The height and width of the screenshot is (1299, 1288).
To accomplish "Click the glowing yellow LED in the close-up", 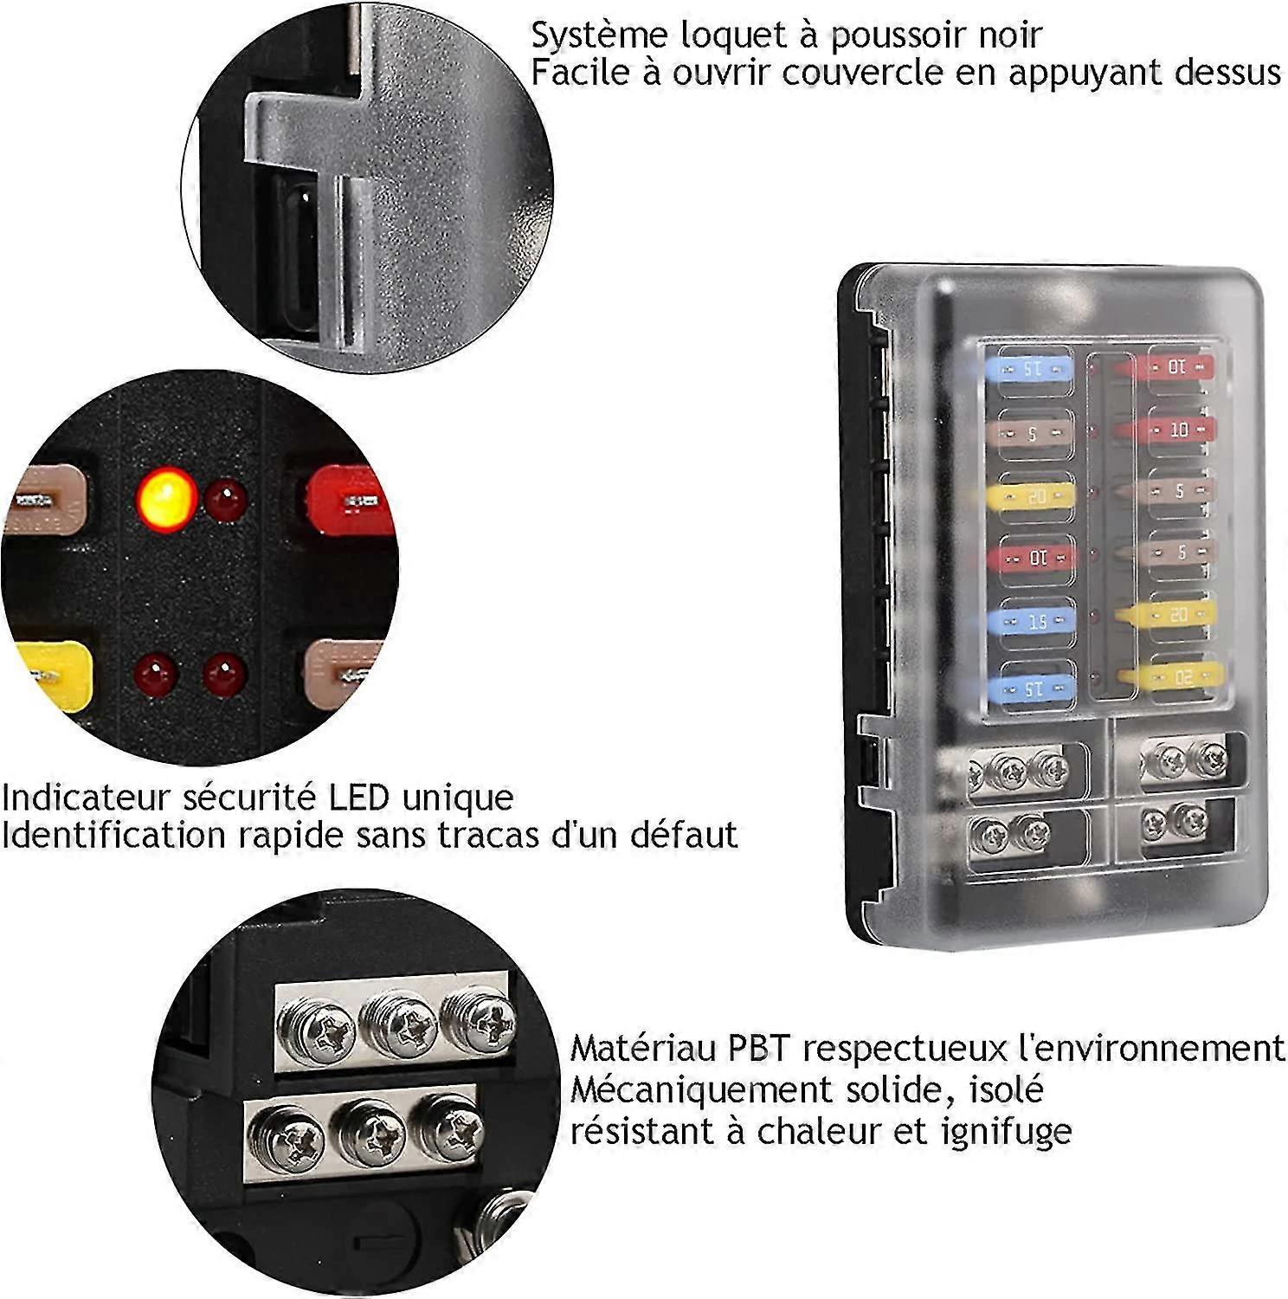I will click(x=166, y=499).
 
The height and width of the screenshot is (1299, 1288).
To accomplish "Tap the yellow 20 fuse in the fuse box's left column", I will click(x=1030, y=496).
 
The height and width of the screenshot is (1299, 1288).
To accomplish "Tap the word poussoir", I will click(x=895, y=35).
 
